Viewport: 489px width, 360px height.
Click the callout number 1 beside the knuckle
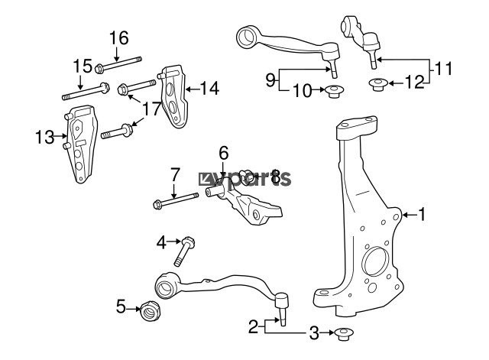point(422,215)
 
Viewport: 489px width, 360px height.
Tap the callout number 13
point(44,137)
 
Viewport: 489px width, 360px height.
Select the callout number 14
point(209,89)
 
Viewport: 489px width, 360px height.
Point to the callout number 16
point(119,38)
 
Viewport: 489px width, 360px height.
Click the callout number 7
point(175,175)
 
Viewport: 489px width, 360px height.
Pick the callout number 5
point(121,306)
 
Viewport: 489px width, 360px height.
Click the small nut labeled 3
point(344,334)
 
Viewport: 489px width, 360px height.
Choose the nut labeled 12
point(377,85)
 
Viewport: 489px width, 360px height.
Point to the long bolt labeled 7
point(176,200)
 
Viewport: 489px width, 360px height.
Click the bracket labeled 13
point(80,144)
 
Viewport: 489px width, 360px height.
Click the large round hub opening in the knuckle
point(376,262)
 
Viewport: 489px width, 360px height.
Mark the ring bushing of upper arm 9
point(248,37)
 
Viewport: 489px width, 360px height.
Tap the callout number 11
point(443,69)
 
